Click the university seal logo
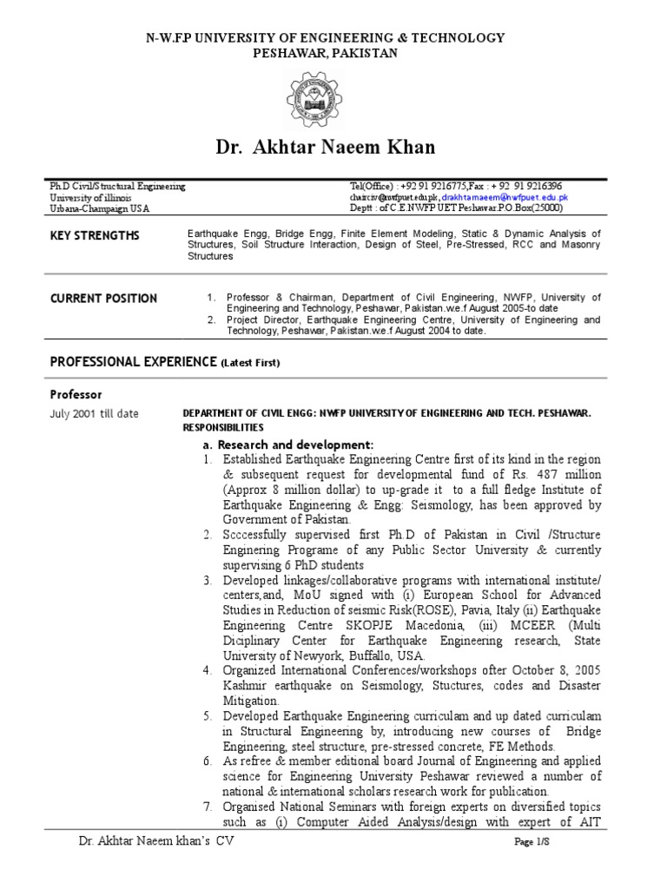(x=324, y=102)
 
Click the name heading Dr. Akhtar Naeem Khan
(x=325, y=147)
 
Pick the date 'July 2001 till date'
(x=94, y=413)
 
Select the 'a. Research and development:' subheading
(x=287, y=444)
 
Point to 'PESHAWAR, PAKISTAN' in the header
(x=324, y=53)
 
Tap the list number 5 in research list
(x=208, y=716)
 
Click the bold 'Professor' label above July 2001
(x=76, y=394)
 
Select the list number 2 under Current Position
(x=211, y=319)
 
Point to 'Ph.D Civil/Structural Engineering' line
(x=117, y=187)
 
